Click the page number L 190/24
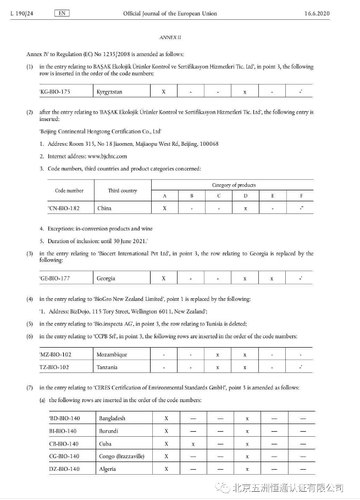click(x=22, y=14)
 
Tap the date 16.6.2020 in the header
click(x=317, y=14)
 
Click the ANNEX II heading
click(x=170, y=37)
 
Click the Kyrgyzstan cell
click(x=109, y=91)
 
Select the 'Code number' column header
click(x=69, y=191)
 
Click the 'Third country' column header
click(x=122, y=191)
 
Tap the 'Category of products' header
click(x=234, y=185)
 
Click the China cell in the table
click(x=104, y=208)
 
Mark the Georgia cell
click(x=106, y=278)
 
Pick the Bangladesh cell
click(x=112, y=419)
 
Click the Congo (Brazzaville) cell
click(x=121, y=456)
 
